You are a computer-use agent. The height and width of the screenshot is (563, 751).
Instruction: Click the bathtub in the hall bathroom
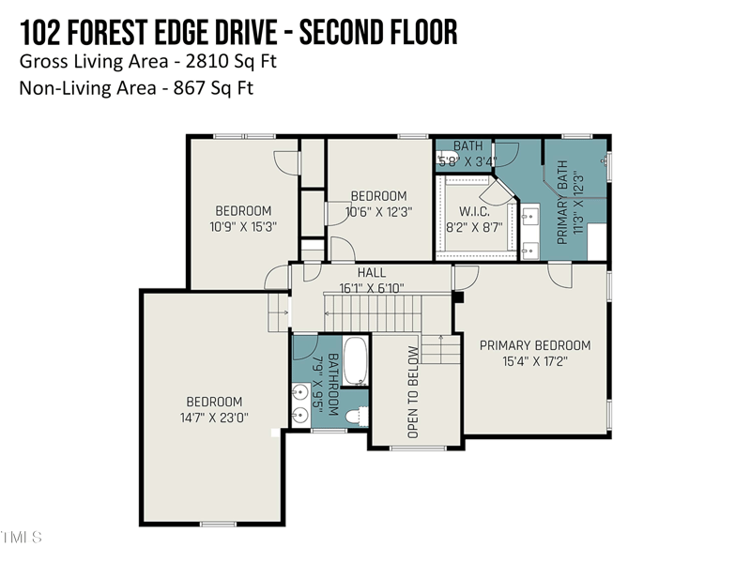(355, 361)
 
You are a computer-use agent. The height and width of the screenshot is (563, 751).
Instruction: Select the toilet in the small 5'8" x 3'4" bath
(443, 160)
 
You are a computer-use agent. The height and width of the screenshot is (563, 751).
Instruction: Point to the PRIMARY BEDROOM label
(535, 345)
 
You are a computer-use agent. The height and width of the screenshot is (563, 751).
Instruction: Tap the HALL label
(371, 273)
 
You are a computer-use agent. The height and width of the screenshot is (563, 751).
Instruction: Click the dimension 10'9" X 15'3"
(243, 226)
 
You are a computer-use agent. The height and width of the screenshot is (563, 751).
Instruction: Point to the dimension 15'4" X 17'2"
(535, 360)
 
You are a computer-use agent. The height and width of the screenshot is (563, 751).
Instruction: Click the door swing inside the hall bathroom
(306, 348)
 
